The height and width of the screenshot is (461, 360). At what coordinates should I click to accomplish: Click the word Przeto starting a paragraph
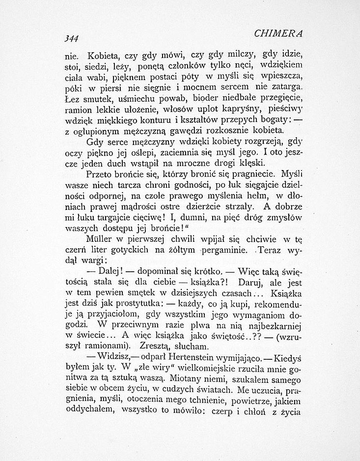(100, 174)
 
